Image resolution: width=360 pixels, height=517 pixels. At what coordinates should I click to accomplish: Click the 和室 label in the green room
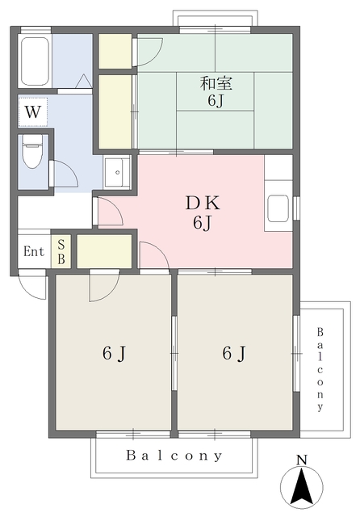(213, 81)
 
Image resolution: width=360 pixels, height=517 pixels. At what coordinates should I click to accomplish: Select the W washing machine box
(32, 111)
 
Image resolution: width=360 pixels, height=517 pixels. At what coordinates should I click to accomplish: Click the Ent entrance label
(33, 251)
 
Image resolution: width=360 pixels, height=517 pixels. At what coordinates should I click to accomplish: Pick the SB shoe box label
(61, 251)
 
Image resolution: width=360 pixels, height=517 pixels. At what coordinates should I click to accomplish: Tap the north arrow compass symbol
(302, 487)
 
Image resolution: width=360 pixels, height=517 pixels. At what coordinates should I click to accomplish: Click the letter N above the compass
(302, 460)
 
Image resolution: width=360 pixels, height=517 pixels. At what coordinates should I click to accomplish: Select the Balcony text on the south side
(174, 456)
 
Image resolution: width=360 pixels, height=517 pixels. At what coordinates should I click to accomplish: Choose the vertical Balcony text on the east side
(320, 368)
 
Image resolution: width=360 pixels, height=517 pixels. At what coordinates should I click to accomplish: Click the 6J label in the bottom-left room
(113, 353)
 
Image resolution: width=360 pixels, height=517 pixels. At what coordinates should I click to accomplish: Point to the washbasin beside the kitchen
(117, 173)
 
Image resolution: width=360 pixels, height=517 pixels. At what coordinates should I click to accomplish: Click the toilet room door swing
(62, 174)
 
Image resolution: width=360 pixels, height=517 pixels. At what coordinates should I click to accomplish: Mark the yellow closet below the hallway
(104, 251)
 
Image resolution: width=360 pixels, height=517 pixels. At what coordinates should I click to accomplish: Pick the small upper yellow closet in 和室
(115, 52)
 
